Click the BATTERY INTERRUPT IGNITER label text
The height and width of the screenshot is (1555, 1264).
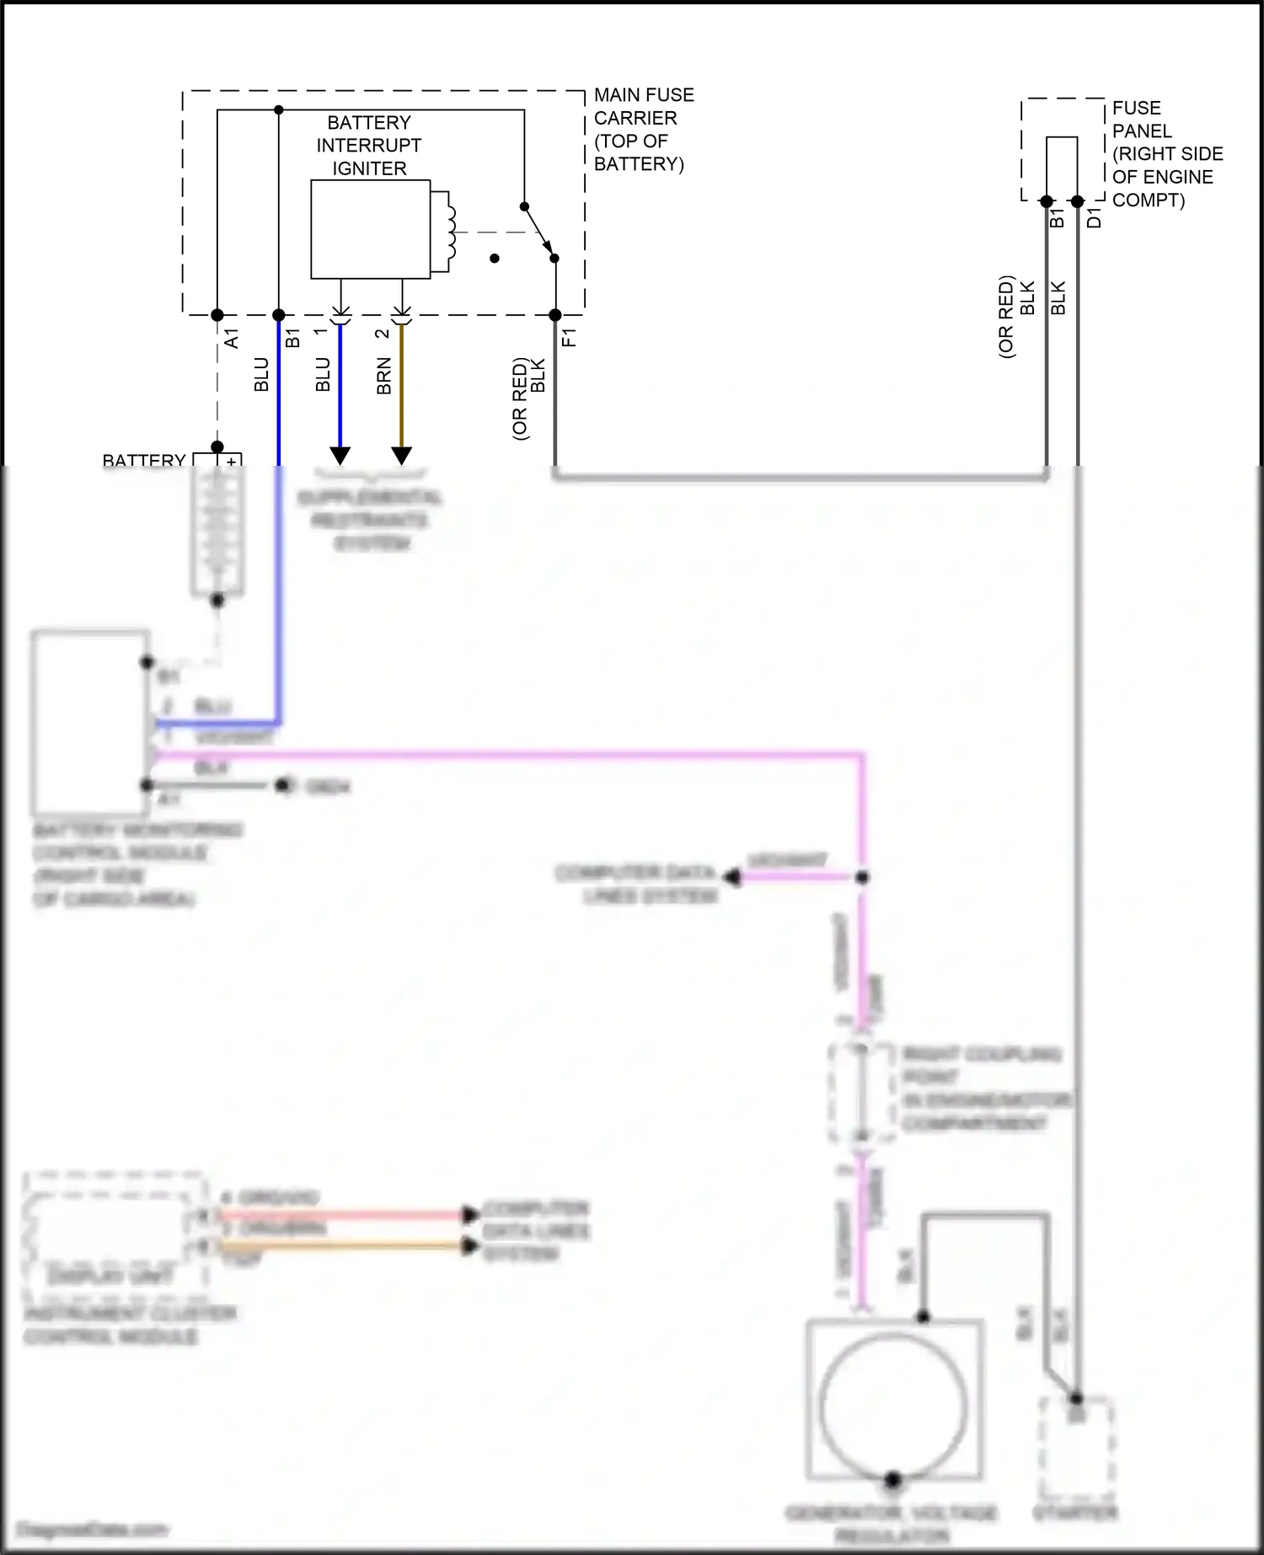click(x=369, y=145)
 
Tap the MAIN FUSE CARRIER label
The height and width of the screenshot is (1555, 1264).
click(x=643, y=129)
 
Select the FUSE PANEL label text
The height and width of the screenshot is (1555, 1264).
click(x=1166, y=153)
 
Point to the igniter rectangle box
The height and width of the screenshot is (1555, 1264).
click(x=370, y=229)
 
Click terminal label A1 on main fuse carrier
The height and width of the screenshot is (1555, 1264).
click(x=232, y=339)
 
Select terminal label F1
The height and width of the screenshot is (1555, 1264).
click(x=570, y=338)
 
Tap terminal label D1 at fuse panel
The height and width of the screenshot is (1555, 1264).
click(x=1094, y=217)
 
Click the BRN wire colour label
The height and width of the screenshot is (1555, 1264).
click(x=384, y=376)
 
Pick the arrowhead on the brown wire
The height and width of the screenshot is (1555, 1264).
click(x=402, y=456)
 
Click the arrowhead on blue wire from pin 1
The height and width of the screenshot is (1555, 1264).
click(x=340, y=456)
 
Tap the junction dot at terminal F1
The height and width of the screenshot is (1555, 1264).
click(x=555, y=315)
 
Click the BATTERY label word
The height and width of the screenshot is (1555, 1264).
click(x=143, y=461)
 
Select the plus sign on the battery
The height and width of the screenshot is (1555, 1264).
click(x=231, y=462)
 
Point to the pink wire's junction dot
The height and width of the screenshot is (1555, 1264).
click(x=862, y=878)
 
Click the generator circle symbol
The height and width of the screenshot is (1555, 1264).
click(x=893, y=1406)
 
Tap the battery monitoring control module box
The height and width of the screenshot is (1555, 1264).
click(x=89, y=722)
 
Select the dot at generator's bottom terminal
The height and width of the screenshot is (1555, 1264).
click(x=893, y=1478)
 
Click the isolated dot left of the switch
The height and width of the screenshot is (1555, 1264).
click(x=495, y=259)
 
